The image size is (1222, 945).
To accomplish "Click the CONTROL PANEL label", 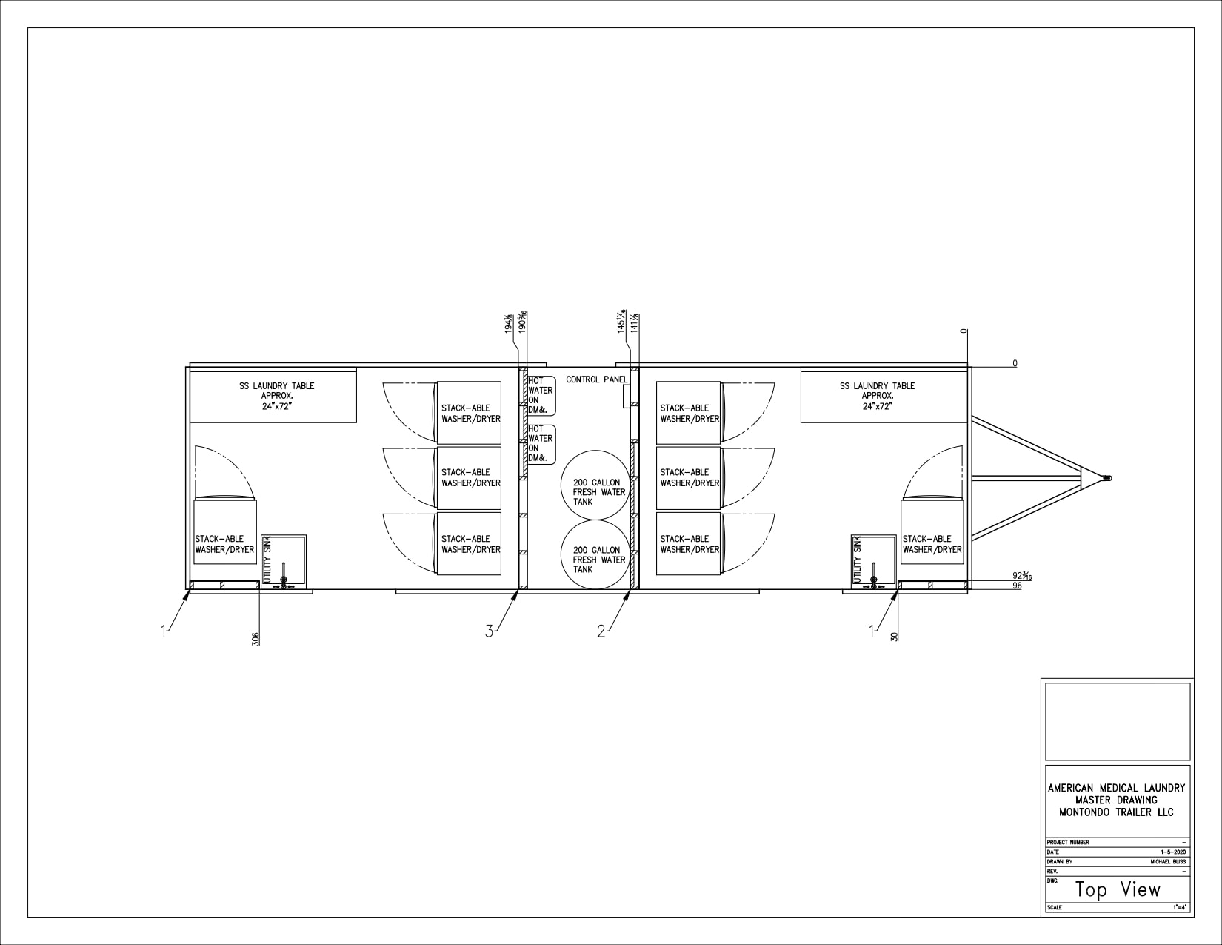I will (x=596, y=379).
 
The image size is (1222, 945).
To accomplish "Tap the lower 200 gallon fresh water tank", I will (x=594, y=555).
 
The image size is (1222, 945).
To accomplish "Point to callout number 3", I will (x=489, y=631).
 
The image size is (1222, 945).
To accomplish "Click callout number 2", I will (x=601, y=631).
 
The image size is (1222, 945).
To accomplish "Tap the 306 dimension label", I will (x=256, y=638).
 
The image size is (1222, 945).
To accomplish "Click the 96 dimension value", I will (x=1017, y=586).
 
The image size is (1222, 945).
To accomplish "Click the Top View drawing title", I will (x=1118, y=889).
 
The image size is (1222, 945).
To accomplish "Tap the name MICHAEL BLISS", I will (x=1168, y=862).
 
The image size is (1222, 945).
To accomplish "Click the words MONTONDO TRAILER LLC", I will (x=1116, y=812).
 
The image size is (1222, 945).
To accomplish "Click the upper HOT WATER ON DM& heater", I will (x=540, y=396).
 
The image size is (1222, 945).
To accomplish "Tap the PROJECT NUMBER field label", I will (x=1068, y=843).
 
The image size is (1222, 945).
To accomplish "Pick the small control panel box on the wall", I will (x=625, y=397).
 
